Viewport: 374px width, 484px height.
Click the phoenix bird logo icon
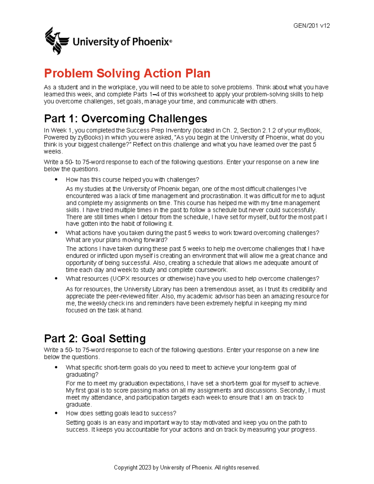(x=57, y=41)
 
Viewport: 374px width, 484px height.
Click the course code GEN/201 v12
(x=311, y=26)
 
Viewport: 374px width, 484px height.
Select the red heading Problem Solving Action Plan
(x=127, y=74)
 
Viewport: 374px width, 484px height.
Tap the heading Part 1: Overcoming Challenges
(x=125, y=118)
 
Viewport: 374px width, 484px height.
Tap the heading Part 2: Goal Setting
(x=95, y=338)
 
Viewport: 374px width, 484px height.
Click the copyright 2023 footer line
(x=187, y=467)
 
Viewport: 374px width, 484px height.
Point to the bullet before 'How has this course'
(x=56, y=180)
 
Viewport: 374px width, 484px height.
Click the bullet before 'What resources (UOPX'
(x=56, y=278)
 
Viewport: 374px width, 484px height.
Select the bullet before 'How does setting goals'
(x=56, y=413)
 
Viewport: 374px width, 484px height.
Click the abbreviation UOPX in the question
(x=124, y=279)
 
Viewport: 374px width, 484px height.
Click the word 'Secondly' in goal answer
(x=292, y=391)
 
